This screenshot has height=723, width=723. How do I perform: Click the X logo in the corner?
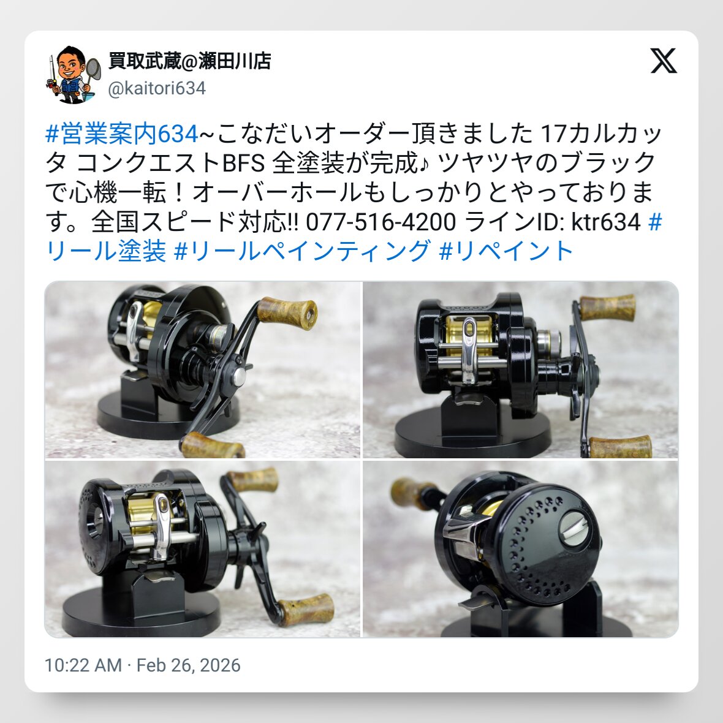(x=664, y=61)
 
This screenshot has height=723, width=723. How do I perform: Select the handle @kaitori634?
(x=157, y=88)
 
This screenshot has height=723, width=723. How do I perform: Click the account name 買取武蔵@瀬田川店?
(x=189, y=61)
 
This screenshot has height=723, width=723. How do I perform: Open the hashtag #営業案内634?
(x=122, y=134)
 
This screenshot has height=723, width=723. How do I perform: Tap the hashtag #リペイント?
(x=506, y=251)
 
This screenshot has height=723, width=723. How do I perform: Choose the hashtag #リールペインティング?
(x=303, y=251)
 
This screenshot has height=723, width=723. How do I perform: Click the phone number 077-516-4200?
(x=381, y=222)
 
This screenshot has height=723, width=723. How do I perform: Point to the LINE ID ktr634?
(x=606, y=222)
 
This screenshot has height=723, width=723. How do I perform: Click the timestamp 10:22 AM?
(x=83, y=665)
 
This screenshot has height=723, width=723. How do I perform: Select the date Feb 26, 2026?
(x=189, y=665)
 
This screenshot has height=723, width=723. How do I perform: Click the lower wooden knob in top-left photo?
(x=212, y=445)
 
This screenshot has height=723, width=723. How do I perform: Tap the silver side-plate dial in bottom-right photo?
(x=573, y=526)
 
